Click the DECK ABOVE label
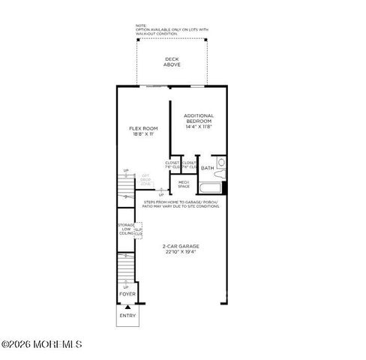172,61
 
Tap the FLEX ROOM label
142,129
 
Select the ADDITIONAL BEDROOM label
199,118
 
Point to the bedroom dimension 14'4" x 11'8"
199,126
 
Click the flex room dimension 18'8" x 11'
142,134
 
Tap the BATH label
207,168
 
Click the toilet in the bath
220,162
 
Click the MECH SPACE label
183,184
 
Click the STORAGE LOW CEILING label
125,229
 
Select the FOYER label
127,294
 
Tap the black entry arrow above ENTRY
127,307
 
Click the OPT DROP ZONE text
147,181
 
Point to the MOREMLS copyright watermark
41,345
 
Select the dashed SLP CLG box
139,231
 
